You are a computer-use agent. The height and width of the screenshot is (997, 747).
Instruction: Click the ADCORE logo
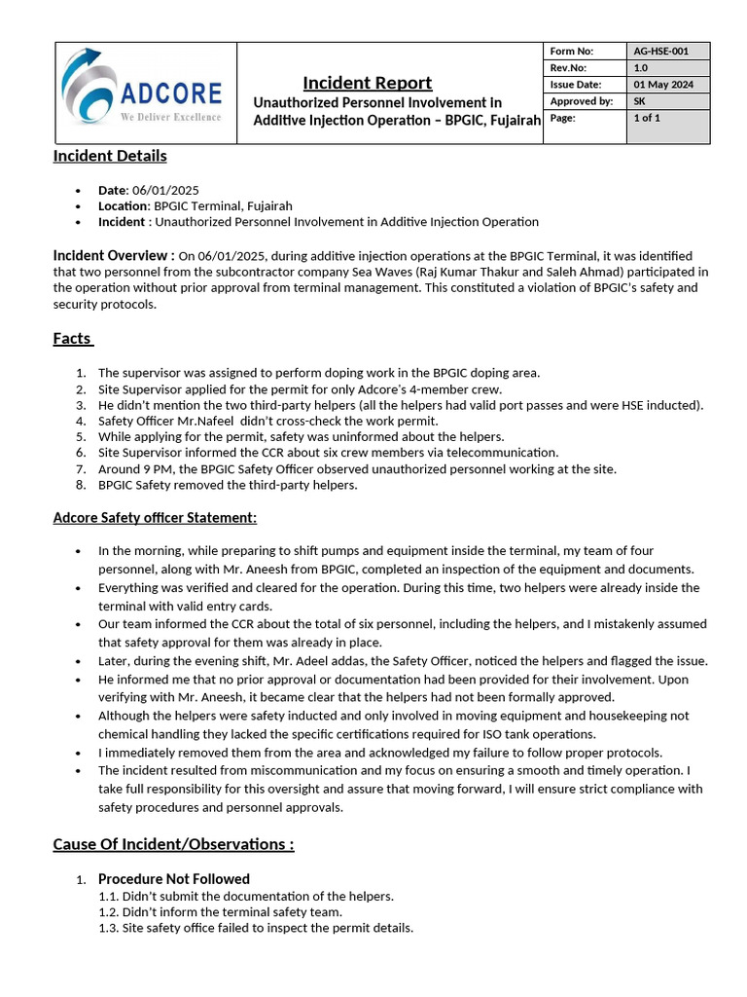tap(141, 88)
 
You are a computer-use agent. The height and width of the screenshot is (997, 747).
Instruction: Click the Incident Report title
tap(367, 83)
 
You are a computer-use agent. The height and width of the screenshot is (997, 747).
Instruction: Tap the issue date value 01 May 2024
tap(663, 85)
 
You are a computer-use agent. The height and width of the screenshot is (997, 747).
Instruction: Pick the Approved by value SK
tap(639, 101)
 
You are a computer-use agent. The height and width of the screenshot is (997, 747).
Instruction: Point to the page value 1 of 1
tap(647, 118)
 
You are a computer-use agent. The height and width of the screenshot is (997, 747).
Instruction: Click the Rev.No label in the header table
tap(566, 68)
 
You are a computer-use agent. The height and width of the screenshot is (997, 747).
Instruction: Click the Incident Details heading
tap(110, 156)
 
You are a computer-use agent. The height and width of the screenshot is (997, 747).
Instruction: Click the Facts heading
tap(72, 339)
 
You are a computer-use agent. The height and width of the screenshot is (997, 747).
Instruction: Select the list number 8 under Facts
tap(81, 485)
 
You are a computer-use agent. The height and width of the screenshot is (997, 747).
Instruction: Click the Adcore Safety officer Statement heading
tap(155, 517)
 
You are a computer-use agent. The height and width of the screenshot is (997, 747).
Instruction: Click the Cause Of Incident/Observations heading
tap(173, 844)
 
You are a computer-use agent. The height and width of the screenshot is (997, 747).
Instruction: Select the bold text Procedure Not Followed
tap(174, 879)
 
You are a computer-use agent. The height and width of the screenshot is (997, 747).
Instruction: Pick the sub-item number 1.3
tap(108, 928)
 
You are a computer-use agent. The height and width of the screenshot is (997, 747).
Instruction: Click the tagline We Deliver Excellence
tap(170, 117)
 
